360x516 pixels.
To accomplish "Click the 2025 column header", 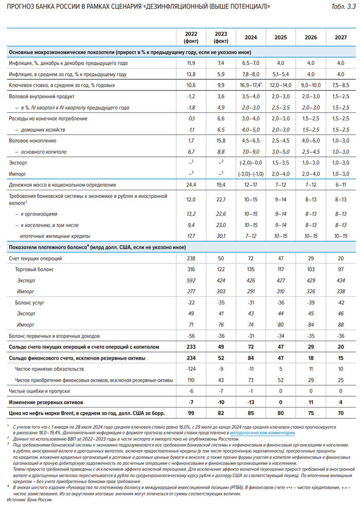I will [280, 38].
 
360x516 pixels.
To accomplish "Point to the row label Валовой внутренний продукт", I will [43, 96].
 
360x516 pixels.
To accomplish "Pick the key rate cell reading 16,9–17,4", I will [249, 85].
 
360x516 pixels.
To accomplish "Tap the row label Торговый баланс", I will [35, 269].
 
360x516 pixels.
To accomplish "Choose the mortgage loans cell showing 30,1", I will [220, 236].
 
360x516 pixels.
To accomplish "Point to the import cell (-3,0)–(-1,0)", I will [250, 173].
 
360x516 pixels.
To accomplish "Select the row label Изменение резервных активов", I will [47, 402].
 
